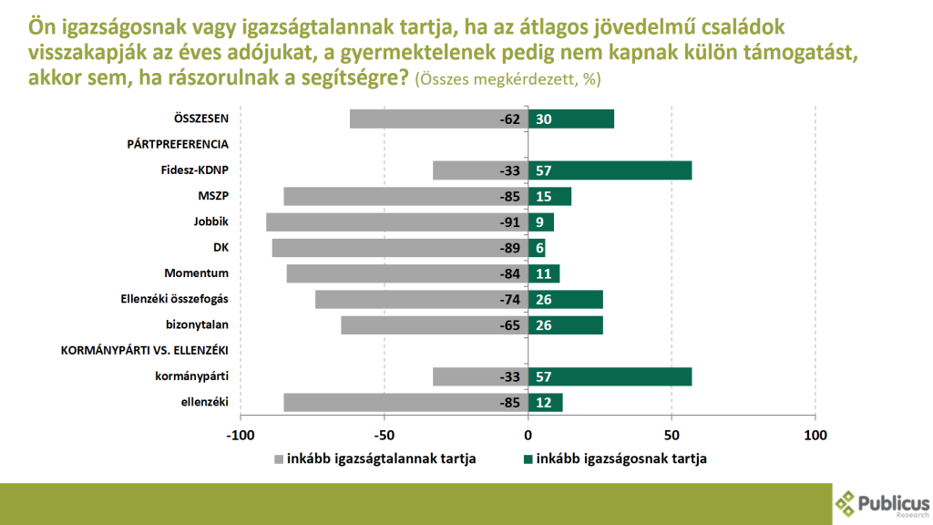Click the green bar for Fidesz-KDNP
click(610, 170)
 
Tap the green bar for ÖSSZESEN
click(571, 118)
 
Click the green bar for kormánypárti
click(610, 376)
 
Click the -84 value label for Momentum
click(508, 273)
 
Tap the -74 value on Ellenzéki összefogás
click(508, 300)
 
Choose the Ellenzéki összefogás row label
click(174, 300)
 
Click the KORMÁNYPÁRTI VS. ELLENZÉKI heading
click(144, 351)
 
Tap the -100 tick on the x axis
click(241, 435)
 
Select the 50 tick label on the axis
click(672, 435)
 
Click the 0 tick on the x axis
click(528, 435)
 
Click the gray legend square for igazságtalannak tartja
click(279, 458)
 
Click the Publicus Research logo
click(882, 503)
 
